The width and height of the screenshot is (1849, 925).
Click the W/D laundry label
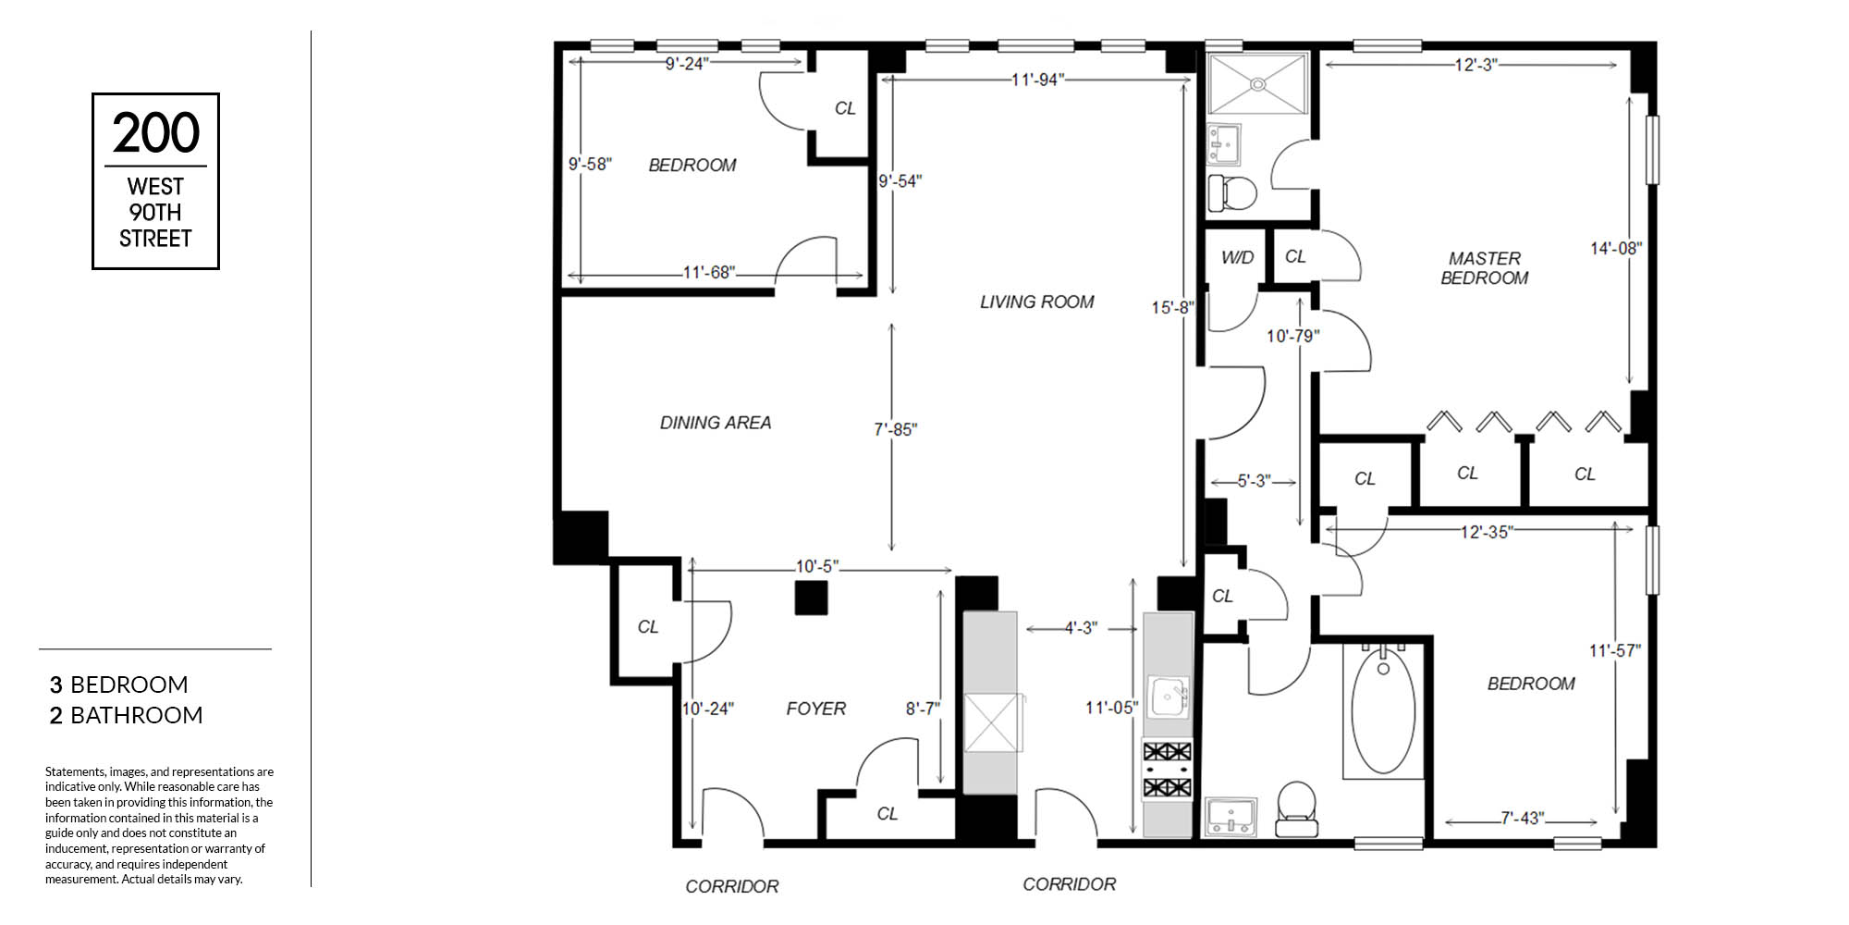[1237, 257]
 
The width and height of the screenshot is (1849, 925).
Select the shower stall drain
[1258, 83]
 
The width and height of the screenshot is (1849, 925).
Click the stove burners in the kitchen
[1168, 770]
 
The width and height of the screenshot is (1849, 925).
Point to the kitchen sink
[1169, 697]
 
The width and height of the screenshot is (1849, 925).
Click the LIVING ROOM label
[1037, 302]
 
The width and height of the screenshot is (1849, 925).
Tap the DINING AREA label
[716, 423]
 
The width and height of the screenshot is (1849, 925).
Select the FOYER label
[816, 709]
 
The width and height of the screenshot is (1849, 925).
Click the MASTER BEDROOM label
[1485, 268]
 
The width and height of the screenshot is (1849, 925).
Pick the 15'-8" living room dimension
[1172, 307]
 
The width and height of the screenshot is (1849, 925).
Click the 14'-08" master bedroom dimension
[1615, 248]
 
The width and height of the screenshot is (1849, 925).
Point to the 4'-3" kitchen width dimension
[1081, 628]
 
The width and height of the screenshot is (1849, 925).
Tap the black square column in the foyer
[812, 598]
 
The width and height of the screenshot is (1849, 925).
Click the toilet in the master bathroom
[1233, 193]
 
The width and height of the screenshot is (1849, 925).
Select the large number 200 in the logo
[156, 133]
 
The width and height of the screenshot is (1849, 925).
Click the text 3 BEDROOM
[119, 684]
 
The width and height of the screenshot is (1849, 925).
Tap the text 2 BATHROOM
[127, 715]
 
